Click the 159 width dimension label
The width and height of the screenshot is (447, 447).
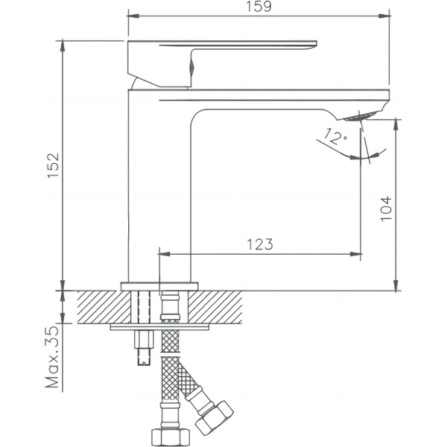click(259, 7)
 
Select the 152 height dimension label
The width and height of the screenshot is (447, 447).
click(54, 165)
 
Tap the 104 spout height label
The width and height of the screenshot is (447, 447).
click(386, 209)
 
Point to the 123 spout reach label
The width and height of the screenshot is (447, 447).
click(260, 244)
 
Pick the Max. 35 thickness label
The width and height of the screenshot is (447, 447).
click(52, 357)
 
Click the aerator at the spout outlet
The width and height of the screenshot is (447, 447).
click(359, 117)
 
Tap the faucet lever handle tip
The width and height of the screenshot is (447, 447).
click(316, 43)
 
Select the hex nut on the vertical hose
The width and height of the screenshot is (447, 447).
click(170, 437)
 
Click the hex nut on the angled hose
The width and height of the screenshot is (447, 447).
click(215, 418)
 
